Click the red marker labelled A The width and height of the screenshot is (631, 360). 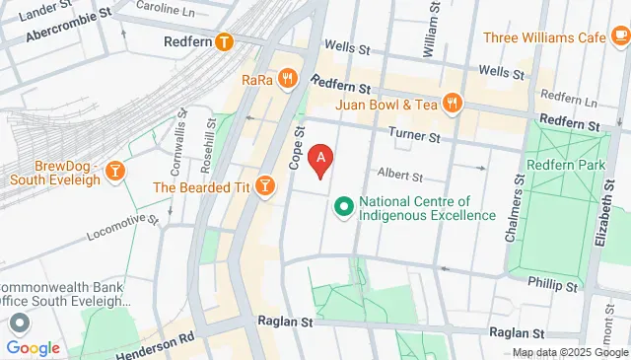(x=320, y=159)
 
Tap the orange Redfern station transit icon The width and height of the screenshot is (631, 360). (x=225, y=41)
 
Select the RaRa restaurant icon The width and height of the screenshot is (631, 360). (x=287, y=78)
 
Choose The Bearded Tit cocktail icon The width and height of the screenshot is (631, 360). (x=264, y=186)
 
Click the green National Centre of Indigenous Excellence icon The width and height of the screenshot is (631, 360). (x=344, y=207)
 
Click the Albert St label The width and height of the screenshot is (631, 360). (x=400, y=178)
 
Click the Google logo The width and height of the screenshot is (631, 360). (x=34, y=347)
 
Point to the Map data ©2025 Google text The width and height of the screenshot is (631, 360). (x=570, y=352)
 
